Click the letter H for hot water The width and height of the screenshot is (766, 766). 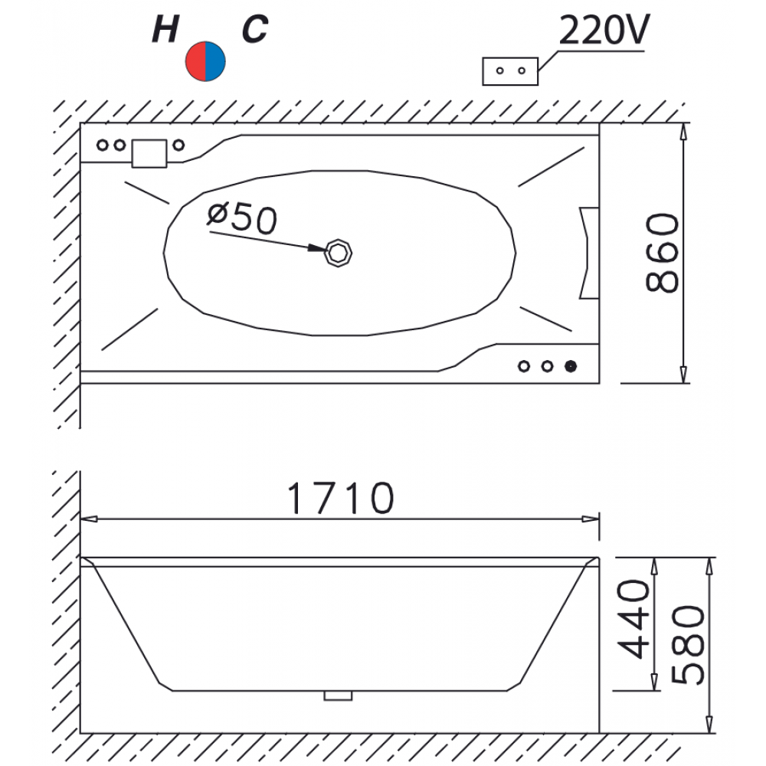165,29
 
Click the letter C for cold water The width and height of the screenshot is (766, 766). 254,29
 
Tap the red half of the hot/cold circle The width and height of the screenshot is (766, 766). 195,61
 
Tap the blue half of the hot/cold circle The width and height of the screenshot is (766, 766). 215,61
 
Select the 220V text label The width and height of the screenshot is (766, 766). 604,31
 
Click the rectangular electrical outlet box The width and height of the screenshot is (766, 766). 510,71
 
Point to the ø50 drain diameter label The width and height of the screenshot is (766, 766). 242,218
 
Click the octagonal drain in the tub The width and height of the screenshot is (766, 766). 339,254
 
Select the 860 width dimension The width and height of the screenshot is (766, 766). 662,253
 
